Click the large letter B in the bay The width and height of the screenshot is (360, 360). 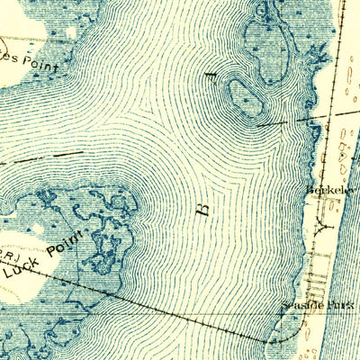(x=202, y=208)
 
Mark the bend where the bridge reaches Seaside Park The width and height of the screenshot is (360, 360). (x=268, y=341)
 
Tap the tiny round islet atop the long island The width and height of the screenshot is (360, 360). (x=261, y=12)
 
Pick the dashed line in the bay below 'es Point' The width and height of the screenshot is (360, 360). (x=27, y=160)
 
